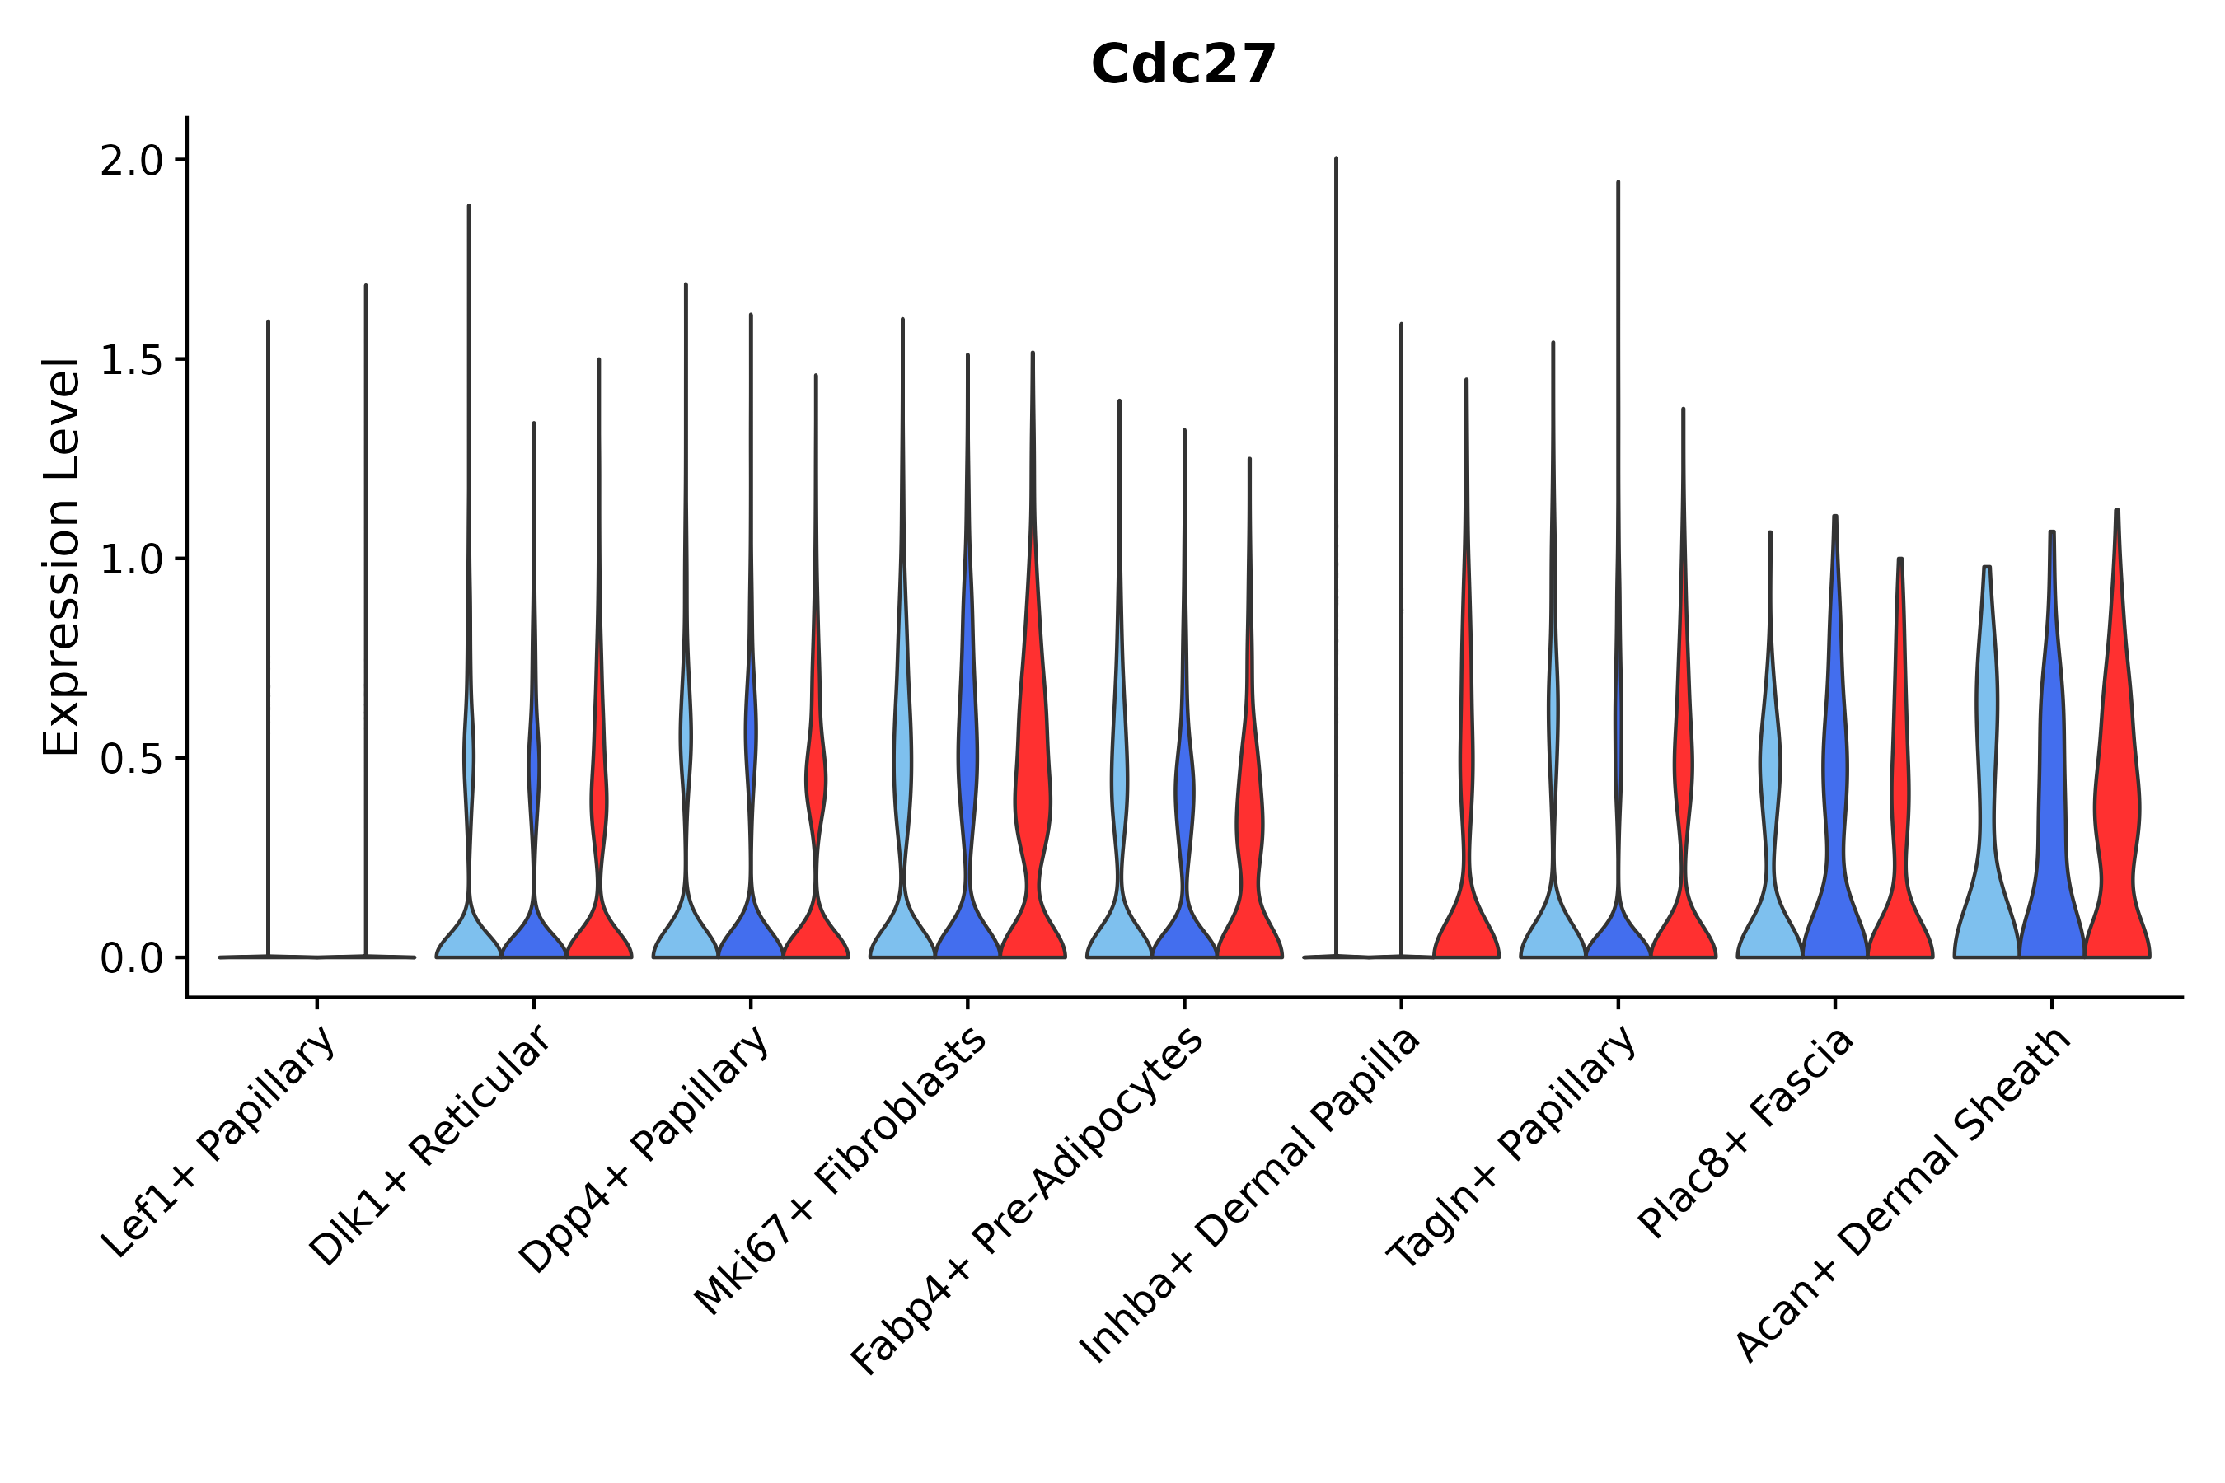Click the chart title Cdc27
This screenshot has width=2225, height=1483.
[x=1183, y=65]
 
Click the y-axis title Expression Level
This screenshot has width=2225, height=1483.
[x=62, y=556]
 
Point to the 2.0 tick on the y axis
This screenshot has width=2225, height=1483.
[x=132, y=161]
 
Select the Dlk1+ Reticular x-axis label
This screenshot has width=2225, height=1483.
[x=429, y=1145]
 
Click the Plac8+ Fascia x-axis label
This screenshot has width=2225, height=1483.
[x=1746, y=1132]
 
